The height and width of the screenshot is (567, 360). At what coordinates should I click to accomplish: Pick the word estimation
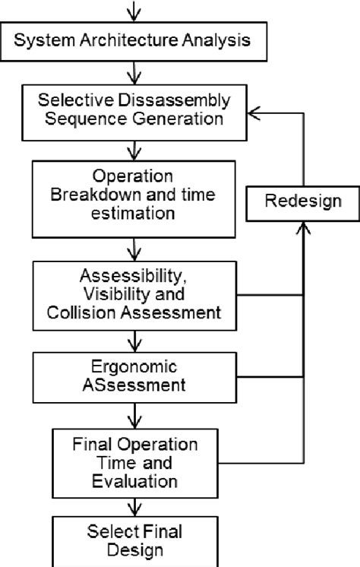134,215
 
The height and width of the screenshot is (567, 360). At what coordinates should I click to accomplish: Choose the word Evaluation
134,481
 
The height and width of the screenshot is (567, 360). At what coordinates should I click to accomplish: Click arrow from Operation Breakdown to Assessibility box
134,249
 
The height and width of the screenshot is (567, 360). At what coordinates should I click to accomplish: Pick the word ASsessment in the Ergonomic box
134,385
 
